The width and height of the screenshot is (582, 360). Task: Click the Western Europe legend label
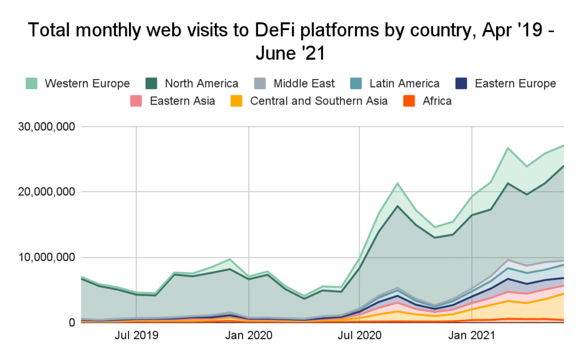[87, 84]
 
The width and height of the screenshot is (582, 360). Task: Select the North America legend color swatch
[152, 84]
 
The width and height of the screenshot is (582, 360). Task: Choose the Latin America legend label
[404, 84]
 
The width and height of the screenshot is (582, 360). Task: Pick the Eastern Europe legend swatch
[463, 84]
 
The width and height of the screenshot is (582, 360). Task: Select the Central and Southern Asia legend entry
[319, 101]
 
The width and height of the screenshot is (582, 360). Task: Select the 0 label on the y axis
[72, 322]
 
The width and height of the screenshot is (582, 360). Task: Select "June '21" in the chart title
[290, 55]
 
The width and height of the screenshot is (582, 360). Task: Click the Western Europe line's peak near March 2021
[508, 148]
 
